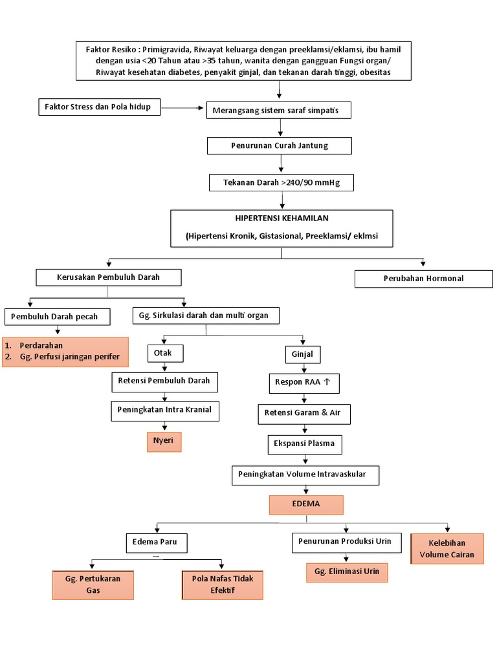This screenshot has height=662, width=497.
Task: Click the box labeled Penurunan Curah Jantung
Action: click(279, 146)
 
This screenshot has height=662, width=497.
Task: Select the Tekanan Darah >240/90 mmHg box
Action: click(281, 184)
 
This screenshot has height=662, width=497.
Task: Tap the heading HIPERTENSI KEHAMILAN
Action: click(282, 219)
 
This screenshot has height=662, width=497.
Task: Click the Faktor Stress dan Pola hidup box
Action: click(98, 107)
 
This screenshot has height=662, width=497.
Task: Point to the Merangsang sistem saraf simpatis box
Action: click(280, 111)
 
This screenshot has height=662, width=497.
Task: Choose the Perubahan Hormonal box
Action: click(423, 279)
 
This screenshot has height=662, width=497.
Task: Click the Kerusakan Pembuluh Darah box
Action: click(108, 277)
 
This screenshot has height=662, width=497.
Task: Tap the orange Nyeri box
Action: click(164, 441)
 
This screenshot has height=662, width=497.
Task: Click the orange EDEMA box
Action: click(306, 504)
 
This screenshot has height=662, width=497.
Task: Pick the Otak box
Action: click(165, 353)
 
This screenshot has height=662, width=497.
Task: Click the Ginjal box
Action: click(303, 354)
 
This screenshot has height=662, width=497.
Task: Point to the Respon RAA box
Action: click(303, 383)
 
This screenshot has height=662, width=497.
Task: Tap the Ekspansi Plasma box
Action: click(304, 445)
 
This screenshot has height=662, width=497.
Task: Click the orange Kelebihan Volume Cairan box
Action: click(447, 549)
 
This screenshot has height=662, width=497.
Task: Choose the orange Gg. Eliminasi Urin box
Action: click(347, 572)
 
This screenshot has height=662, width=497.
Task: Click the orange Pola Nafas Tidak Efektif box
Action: click(223, 584)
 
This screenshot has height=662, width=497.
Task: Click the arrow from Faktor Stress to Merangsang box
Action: click(182, 107)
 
